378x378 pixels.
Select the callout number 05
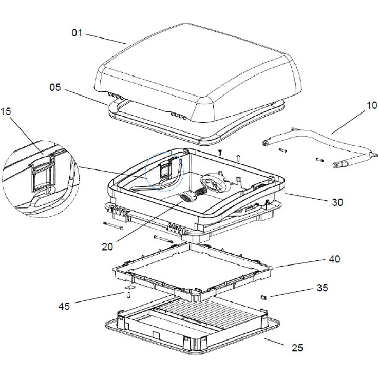pyautogui.click(x=55, y=87)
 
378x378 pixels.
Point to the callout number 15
pyautogui.click(x=6, y=111)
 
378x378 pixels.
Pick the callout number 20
pyautogui.click(x=107, y=247)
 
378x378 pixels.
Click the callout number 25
pyautogui.click(x=297, y=348)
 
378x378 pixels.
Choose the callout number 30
pyautogui.click(x=337, y=202)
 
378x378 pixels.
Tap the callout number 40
pyautogui.click(x=334, y=259)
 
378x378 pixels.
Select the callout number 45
pyautogui.click(x=64, y=307)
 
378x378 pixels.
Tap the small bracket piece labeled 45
pyautogui.click(x=127, y=293)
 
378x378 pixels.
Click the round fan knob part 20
pyautogui.click(x=188, y=196)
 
